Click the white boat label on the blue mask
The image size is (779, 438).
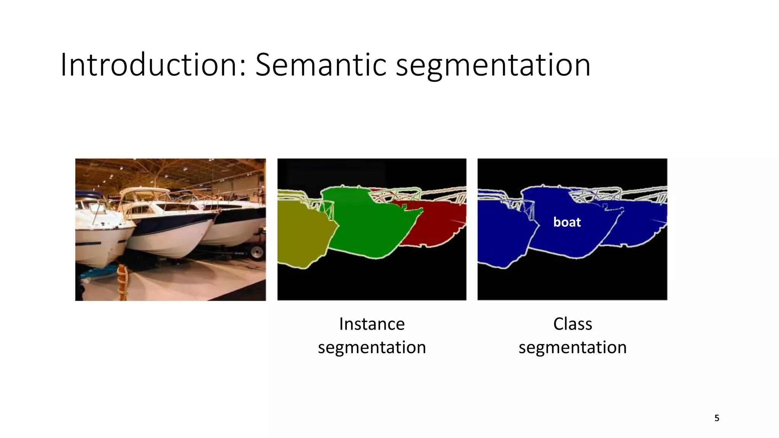click(567, 222)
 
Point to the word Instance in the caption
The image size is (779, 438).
click(372, 324)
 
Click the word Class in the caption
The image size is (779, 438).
click(572, 324)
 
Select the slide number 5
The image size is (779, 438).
click(717, 418)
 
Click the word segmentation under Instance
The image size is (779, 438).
click(372, 348)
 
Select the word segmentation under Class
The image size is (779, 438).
click(572, 348)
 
